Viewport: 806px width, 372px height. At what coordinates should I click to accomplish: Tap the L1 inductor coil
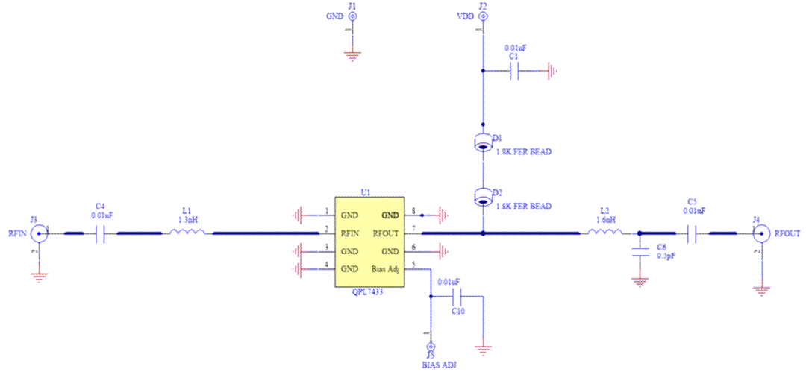[x=187, y=233]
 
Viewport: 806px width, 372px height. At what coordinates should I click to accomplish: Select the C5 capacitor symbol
[x=693, y=234]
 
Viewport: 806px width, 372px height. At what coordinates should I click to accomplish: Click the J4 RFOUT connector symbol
[x=760, y=234]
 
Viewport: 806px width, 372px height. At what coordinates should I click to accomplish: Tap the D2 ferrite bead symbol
[x=483, y=198]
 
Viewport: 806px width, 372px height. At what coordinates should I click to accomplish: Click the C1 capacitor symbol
[x=513, y=72]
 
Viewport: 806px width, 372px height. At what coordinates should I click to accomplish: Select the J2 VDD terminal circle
[x=483, y=16]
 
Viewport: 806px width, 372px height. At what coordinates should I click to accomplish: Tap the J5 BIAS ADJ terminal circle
[x=431, y=347]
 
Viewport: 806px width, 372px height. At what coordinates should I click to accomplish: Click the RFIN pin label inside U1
[x=351, y=233]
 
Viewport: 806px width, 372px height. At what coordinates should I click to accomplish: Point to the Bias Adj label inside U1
[x=386, y=268]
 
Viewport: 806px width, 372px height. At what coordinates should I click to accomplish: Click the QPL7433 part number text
[x=368, y=293]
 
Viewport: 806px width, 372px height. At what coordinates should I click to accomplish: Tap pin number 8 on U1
[x=413, y=211]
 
